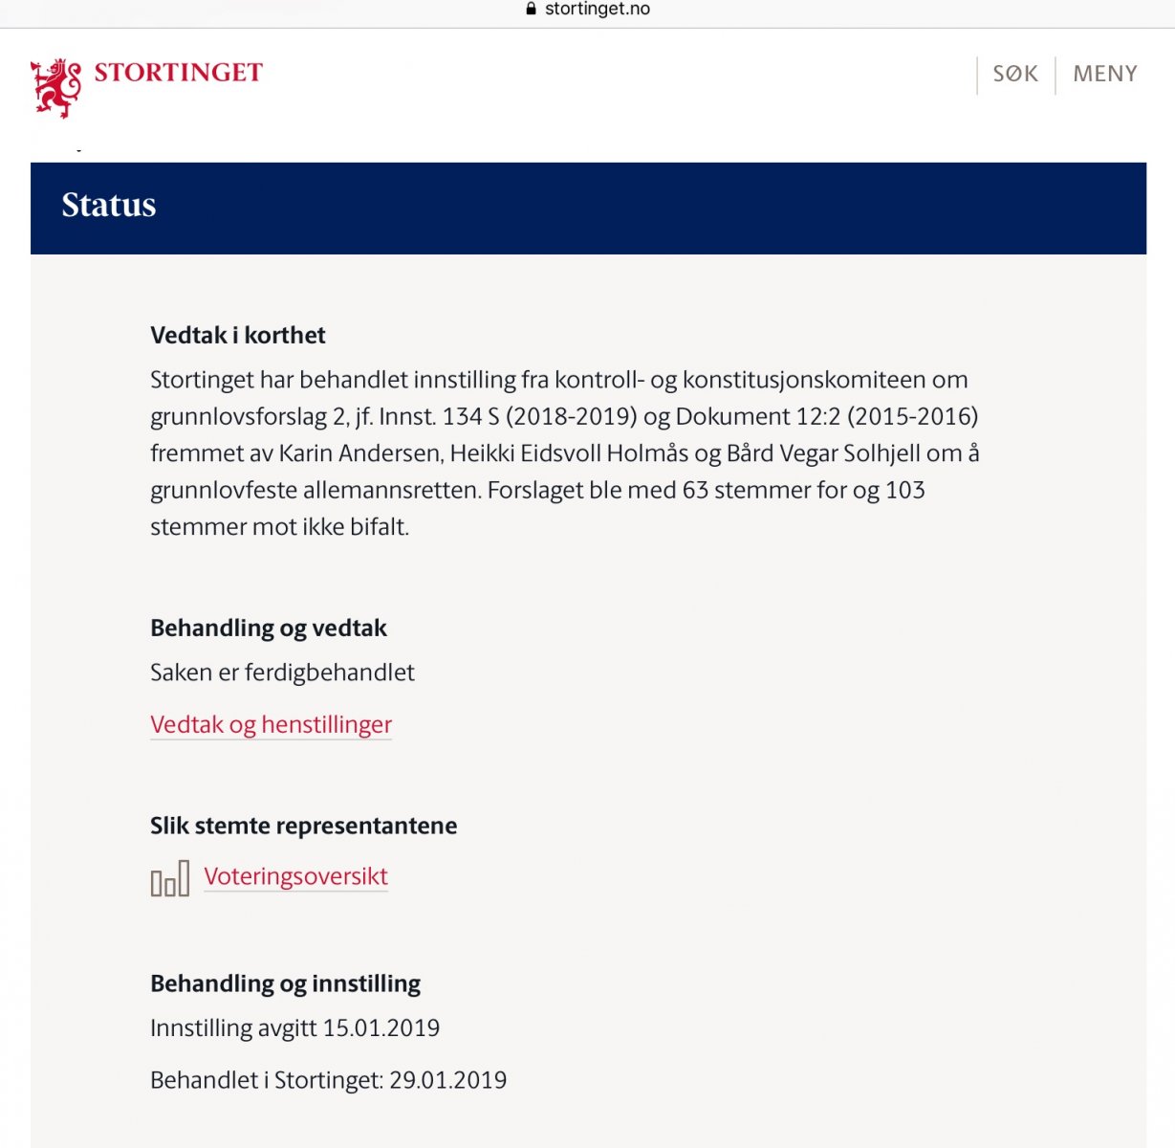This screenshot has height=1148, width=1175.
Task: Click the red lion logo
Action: (x=55, y=87)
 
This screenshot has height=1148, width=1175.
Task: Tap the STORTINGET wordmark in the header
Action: (x=178, y=73)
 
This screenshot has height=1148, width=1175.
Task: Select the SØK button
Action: (x=1015, y=74)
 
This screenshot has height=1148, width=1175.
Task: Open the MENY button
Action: (x=1105, y=74)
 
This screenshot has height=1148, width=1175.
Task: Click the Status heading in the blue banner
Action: (x=109, y=206)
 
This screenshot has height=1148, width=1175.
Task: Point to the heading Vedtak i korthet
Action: (x=238, y=336)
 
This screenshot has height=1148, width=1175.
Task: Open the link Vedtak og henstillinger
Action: (x=271, y=725)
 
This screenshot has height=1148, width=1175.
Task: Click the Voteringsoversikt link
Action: (x=295, y=876)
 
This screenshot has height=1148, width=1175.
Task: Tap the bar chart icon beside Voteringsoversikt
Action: (x=170, y=878)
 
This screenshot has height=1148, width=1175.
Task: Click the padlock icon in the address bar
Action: (x=532, y=9)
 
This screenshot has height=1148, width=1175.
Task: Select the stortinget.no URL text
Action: (x=598, y=9)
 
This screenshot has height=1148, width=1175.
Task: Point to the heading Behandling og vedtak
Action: (x=269, y=629)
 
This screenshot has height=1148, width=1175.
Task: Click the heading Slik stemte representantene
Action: (x=303, y=827)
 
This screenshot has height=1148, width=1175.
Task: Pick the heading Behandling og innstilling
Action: (x=285, y=984)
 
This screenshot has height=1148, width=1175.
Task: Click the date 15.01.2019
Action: (x=381, y=1028)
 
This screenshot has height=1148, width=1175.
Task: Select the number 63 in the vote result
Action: (x=695, y=491)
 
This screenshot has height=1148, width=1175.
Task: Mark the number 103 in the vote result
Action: (x=904, y=491)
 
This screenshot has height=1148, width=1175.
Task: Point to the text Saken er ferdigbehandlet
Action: (x=282, y=673)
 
